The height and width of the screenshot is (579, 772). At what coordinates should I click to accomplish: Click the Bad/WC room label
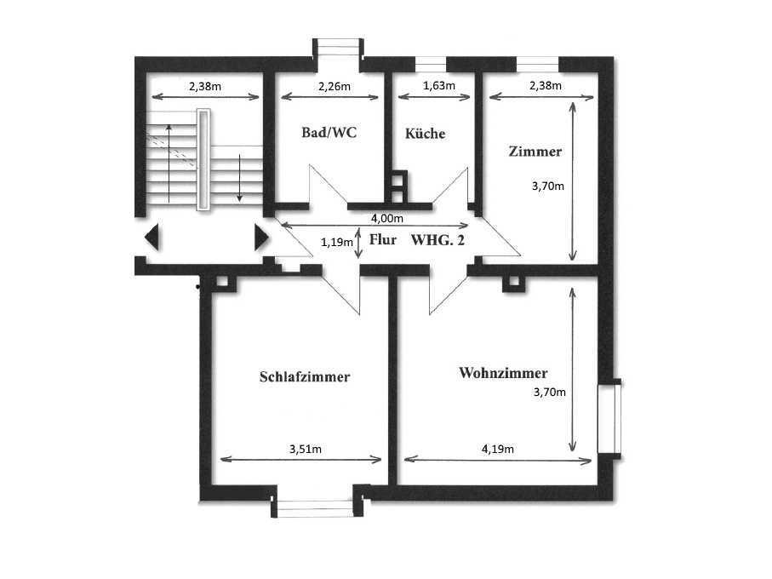(329, 133)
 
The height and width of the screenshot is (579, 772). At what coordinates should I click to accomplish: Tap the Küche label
(425, 134)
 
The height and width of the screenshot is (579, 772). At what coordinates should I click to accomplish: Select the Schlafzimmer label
(305, 376)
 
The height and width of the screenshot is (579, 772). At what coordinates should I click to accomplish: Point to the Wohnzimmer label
(503, 373)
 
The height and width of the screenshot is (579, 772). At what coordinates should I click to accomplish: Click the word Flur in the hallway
(383, 240)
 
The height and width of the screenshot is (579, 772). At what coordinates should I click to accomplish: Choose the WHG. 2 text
(437, 240)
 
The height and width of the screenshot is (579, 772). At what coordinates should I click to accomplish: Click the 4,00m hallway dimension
(387, 218)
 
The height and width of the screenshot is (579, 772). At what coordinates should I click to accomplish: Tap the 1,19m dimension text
(337, 242)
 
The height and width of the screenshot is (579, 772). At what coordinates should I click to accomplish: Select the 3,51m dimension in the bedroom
(306, 449)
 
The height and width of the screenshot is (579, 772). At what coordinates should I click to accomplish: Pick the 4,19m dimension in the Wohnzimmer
(498, 449)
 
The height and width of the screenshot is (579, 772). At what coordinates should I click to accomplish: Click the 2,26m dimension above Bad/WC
(335, 87)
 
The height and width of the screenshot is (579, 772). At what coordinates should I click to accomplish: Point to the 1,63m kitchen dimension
(439, 86)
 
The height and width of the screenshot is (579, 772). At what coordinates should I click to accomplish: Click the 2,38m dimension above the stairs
(205, 87)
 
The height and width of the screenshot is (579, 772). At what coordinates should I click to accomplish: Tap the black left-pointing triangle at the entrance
(152, 238)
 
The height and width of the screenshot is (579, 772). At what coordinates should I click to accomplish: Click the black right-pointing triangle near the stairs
(261, 238)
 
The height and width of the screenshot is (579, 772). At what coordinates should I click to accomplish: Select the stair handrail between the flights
(203, 159)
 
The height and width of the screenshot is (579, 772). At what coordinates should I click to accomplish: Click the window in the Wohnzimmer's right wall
(609, 419)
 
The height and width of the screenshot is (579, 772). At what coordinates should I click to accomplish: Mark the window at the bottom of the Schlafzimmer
(315, 508)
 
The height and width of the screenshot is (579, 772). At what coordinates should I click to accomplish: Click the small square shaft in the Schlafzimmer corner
(222, 282)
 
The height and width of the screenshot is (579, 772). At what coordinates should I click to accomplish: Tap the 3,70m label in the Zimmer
(548, 186)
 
